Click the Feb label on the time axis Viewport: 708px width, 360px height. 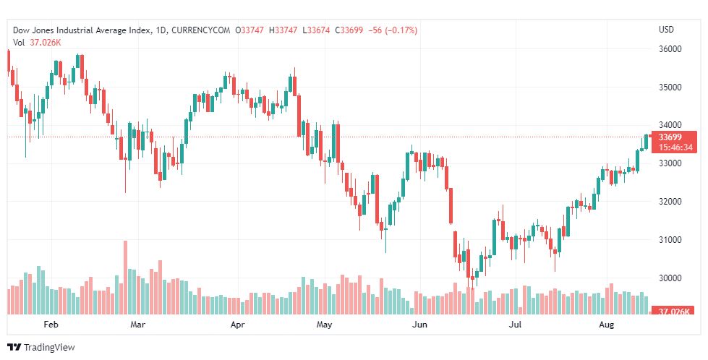coord(51,325)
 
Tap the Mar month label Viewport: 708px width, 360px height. coord(137,325)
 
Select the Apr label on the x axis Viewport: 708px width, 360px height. coord(238,325)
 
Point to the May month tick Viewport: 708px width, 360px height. coord(324,325)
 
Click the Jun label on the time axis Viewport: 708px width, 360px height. coord(419,325)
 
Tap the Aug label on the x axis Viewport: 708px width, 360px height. coord(607,325)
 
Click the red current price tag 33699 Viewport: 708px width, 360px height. coord(673,137)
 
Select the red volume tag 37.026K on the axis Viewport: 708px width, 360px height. coord(673,312)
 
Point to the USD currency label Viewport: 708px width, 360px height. coord(666,30)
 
